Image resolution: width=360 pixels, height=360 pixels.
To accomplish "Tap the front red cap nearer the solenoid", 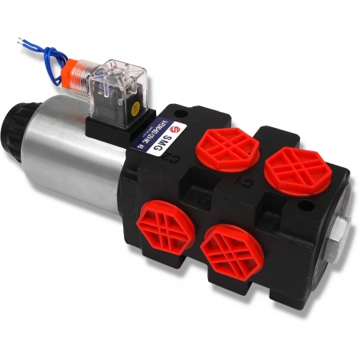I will click(161, 228).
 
